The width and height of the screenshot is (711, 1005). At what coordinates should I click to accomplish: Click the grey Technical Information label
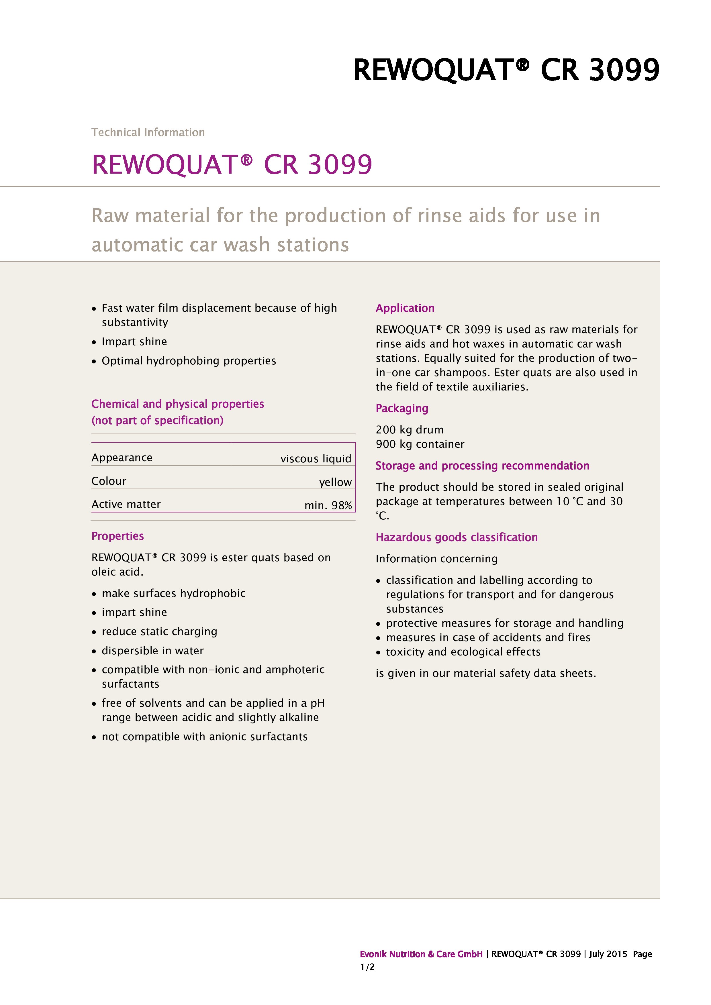click(x=148, y=132)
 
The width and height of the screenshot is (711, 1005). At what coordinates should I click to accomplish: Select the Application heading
click(x=405, y=308)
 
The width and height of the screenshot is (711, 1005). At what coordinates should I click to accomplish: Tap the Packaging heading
click(x=401, y=409)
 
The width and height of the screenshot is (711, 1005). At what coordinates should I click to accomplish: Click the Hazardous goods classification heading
click(x=456, y=537)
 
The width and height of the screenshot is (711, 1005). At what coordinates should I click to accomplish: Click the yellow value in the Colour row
click(x=335, y=482)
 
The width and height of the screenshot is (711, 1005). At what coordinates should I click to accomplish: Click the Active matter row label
click(x=126, y=504)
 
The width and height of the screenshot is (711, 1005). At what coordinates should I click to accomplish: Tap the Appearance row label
click(x=122, y=458)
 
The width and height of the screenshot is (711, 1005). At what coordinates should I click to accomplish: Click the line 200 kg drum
click(x=409, y=430)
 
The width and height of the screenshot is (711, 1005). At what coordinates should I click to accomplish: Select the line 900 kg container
click(x=420, y=444)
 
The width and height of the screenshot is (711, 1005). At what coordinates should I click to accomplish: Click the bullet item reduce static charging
click(x=159, y=632)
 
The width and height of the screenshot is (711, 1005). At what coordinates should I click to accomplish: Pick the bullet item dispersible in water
click(x=152, y=651)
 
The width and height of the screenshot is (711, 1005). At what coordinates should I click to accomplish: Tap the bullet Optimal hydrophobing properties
click(x=189, y=361)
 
